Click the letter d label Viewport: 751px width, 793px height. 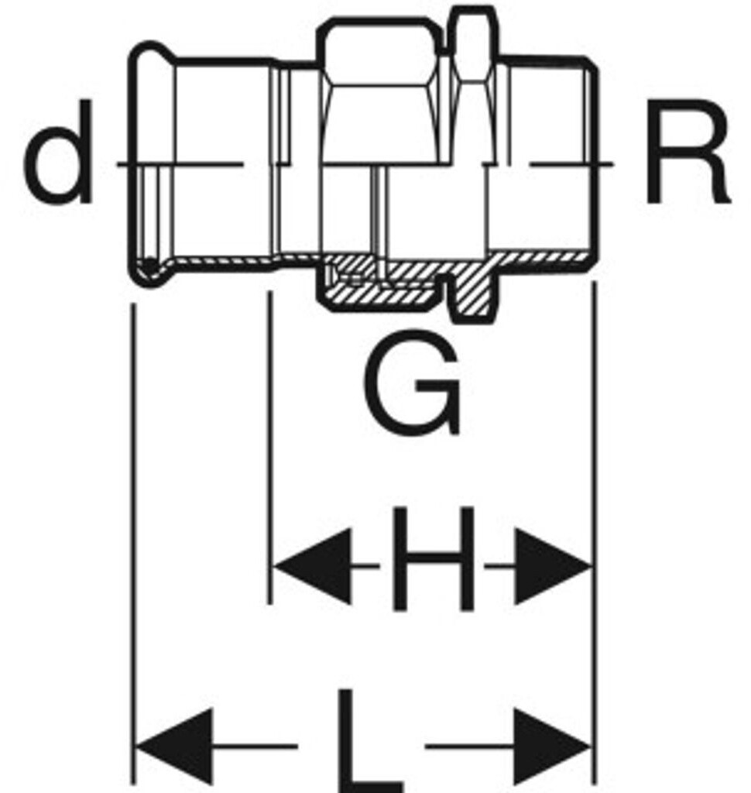point(58,163)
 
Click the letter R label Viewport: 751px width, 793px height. point(686,163)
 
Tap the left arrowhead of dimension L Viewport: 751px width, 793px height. point(174,746)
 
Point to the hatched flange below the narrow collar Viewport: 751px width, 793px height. point(472,294)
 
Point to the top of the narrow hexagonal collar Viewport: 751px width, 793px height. point(473,11)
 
